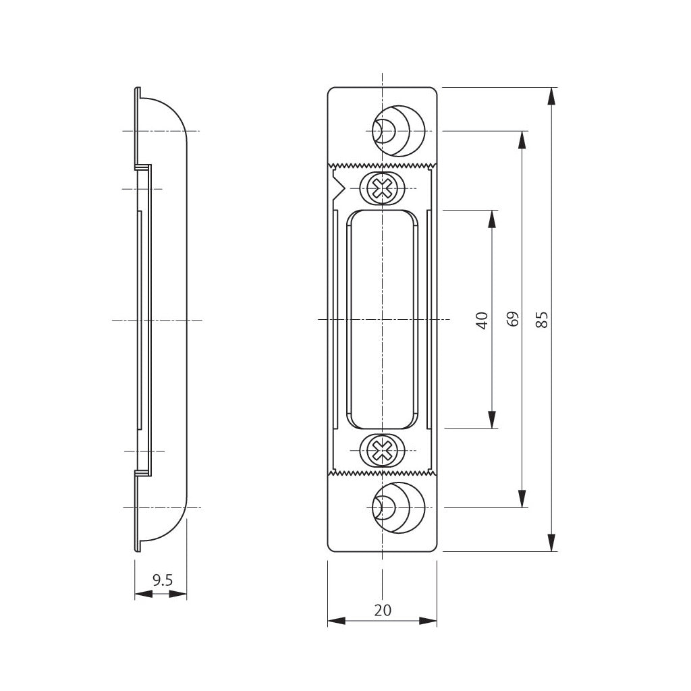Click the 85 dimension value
[x=543, y=319]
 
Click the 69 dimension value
[x=513, y=319]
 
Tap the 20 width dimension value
[x=383, y=610]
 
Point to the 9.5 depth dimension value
[x=163, y=580]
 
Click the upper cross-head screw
[x=382, y=189]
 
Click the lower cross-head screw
[x=382, y=451]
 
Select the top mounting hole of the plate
[x=399, y=131]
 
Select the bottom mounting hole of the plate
[x=399, y=507]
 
